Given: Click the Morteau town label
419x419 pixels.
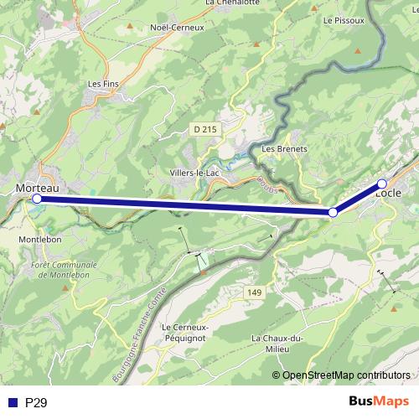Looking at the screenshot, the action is coord(35,189).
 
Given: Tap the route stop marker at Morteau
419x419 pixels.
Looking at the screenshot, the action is coord(37,199).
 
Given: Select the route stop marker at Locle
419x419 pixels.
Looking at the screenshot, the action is coord(382,184).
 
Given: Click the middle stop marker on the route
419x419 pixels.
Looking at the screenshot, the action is coord(333,213).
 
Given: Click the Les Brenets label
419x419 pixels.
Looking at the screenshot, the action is coord(285,149).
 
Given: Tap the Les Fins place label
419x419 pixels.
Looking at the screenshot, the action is coord(103,84).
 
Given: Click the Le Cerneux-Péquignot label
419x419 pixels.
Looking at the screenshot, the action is coord(188,333).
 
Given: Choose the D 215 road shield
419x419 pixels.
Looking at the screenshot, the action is coord(204,129).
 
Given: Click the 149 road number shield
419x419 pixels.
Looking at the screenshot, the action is coord(255,292).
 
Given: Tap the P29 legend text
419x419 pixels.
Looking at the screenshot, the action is coord(36,402).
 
